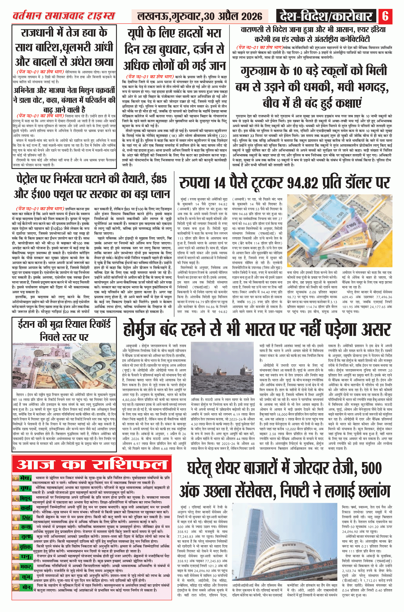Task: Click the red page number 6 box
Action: (x=385, y=16)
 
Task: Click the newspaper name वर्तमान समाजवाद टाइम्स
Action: (x=64, y=16)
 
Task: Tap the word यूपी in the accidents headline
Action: (x=139, y=34)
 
